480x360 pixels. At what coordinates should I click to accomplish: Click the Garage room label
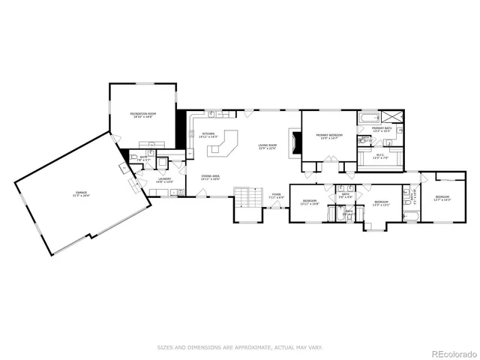tap(82, 194)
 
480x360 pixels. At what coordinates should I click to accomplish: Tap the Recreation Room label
tap(142, 115)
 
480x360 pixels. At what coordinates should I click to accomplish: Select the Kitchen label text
tap(208, 136)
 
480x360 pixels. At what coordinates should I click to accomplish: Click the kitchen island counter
tap(222, 146)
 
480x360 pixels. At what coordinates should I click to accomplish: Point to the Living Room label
tap(268, 147)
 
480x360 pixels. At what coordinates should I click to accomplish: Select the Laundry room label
tap(163, 181)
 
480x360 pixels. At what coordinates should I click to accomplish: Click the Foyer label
tap(276, 197)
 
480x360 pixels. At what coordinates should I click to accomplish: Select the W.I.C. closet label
tap(382, 157)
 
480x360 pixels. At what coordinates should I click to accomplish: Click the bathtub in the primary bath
tap(370, 118)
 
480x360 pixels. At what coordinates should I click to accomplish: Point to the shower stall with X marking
tap(391, 116)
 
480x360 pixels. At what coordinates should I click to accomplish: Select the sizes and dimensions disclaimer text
tap(240, 346)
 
